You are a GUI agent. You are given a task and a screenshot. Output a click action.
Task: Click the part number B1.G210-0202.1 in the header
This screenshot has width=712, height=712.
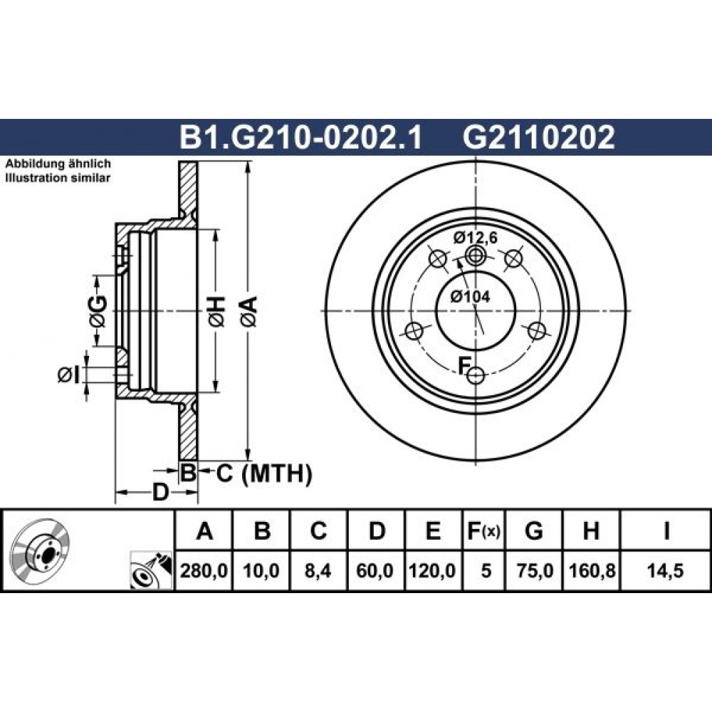(x=301, y=137)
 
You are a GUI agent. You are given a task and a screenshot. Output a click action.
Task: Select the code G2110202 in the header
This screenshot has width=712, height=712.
(x=538, y=137)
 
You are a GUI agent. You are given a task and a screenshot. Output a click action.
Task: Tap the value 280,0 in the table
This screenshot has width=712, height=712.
(x=204, y=571)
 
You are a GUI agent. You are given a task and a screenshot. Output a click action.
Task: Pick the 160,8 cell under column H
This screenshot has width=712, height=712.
(x=592, y=571)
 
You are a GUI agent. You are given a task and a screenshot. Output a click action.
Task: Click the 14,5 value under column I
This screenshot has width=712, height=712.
(x=666, y=571)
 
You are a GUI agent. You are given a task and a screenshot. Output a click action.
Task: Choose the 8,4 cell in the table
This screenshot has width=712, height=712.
(x=318, y=571)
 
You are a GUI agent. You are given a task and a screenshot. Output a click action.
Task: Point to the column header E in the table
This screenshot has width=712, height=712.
(x=434, y=530)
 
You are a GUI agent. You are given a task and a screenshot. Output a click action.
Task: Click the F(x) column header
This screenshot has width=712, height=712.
(x=483, y=530)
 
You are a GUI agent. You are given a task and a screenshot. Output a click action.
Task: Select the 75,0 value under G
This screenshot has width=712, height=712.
(x=535, y=571)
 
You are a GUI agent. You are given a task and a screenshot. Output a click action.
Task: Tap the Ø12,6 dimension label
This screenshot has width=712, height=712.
(x=476, y=238)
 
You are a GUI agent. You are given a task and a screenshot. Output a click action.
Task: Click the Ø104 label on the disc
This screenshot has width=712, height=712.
(x=471, y=296)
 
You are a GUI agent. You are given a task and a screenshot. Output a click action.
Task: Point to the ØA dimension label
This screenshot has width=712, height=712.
(x=248, y=312)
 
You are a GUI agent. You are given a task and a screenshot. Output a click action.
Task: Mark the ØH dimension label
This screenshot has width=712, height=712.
(x=216, y=312)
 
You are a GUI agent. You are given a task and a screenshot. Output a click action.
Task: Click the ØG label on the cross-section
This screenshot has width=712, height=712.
(x=98, y=312)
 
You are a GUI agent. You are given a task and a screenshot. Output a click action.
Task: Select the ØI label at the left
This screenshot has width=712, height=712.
(x=69, y=375)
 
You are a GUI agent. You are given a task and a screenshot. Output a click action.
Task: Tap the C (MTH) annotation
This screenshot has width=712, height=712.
(x=263, y=473)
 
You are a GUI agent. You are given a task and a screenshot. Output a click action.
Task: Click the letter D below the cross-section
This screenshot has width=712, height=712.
(x=159, y=492)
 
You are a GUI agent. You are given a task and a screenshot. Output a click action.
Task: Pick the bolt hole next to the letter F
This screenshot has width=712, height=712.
(x=476, y=375)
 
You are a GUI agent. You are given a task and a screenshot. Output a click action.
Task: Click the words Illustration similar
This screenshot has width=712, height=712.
(x=58, y=177)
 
